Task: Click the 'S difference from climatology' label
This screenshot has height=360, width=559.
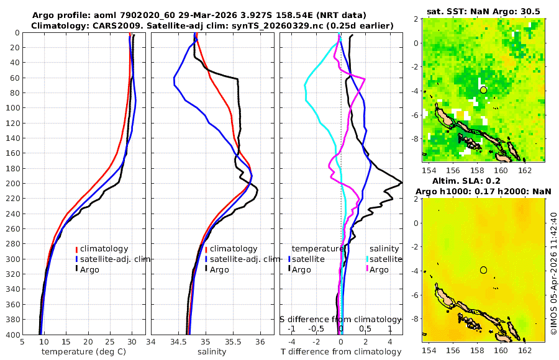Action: tap(342, 318)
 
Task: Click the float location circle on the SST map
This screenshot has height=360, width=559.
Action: tap(483, 90)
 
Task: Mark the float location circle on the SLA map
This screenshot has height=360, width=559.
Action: tap(483, 270)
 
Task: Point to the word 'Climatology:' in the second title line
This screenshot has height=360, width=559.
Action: tap(58, 25)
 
